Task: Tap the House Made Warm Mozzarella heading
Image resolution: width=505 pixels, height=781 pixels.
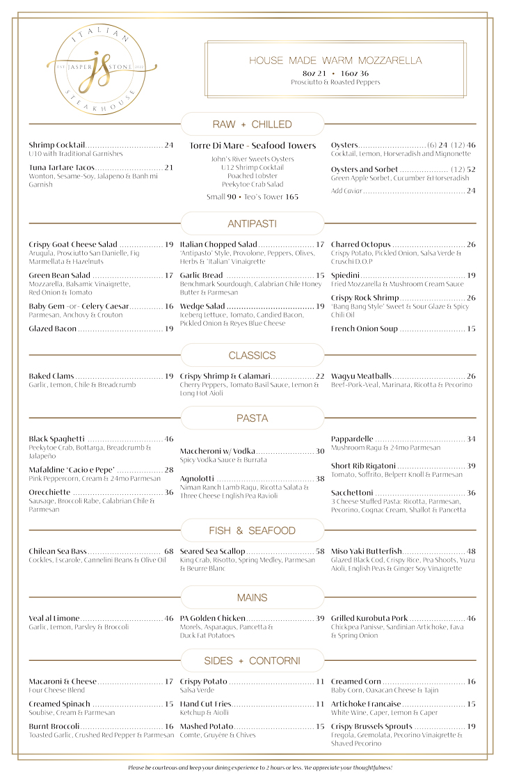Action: (x=335, y=61)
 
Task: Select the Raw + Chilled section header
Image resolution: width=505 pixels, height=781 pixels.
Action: (x=252, y=125)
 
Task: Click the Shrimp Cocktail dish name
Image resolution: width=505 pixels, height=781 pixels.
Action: (x=57, y=145)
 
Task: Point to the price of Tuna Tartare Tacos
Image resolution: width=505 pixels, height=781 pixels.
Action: (x=169, y=168)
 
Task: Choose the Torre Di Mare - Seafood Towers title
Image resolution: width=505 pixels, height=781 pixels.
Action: (x=252, y=145)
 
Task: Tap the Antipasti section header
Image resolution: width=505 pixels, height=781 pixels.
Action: (x=252, y=223)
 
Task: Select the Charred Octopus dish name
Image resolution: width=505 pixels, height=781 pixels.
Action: (x=360, y=244)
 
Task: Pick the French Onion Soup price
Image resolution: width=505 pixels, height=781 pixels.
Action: (x=471, y=329)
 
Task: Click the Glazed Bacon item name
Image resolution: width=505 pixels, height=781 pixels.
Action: (x=53, y=329)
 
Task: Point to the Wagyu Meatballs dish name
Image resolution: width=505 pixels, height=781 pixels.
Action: (x=361, y=376)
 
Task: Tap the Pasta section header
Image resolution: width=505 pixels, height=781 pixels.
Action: (x=252, y=418)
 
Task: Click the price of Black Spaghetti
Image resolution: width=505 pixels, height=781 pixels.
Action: (x=169, y=439)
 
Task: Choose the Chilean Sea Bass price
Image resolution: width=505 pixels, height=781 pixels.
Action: (x=169, y=551)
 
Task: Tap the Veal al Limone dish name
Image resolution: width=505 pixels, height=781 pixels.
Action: (x=54, y=618)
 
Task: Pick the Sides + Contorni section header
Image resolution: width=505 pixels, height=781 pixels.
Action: (x=252, y=661)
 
